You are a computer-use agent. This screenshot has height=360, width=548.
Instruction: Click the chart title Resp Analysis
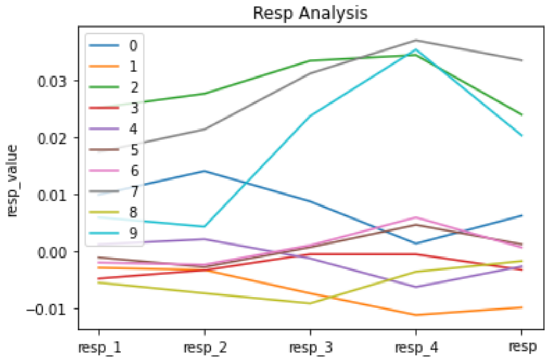[x=310, y=13]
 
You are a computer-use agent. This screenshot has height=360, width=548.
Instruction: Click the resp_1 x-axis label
[x=99, y=347]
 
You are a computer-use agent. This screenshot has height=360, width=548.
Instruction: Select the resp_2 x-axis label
[x=205, y=347]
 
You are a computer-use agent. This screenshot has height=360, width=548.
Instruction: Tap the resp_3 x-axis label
[x=310, y=347]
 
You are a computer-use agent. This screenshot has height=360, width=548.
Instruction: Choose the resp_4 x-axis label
[x=416, y=347]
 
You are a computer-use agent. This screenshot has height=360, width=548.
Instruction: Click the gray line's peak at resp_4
[x=416, y=40]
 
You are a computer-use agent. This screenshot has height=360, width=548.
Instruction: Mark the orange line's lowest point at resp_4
[x=416, y=315]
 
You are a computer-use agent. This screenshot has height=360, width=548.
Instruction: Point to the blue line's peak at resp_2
[x=205, y=171]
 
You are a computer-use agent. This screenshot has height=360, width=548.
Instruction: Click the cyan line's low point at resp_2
[x=205, y=226]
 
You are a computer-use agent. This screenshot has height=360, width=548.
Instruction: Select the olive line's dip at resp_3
[x=310, y=303]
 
